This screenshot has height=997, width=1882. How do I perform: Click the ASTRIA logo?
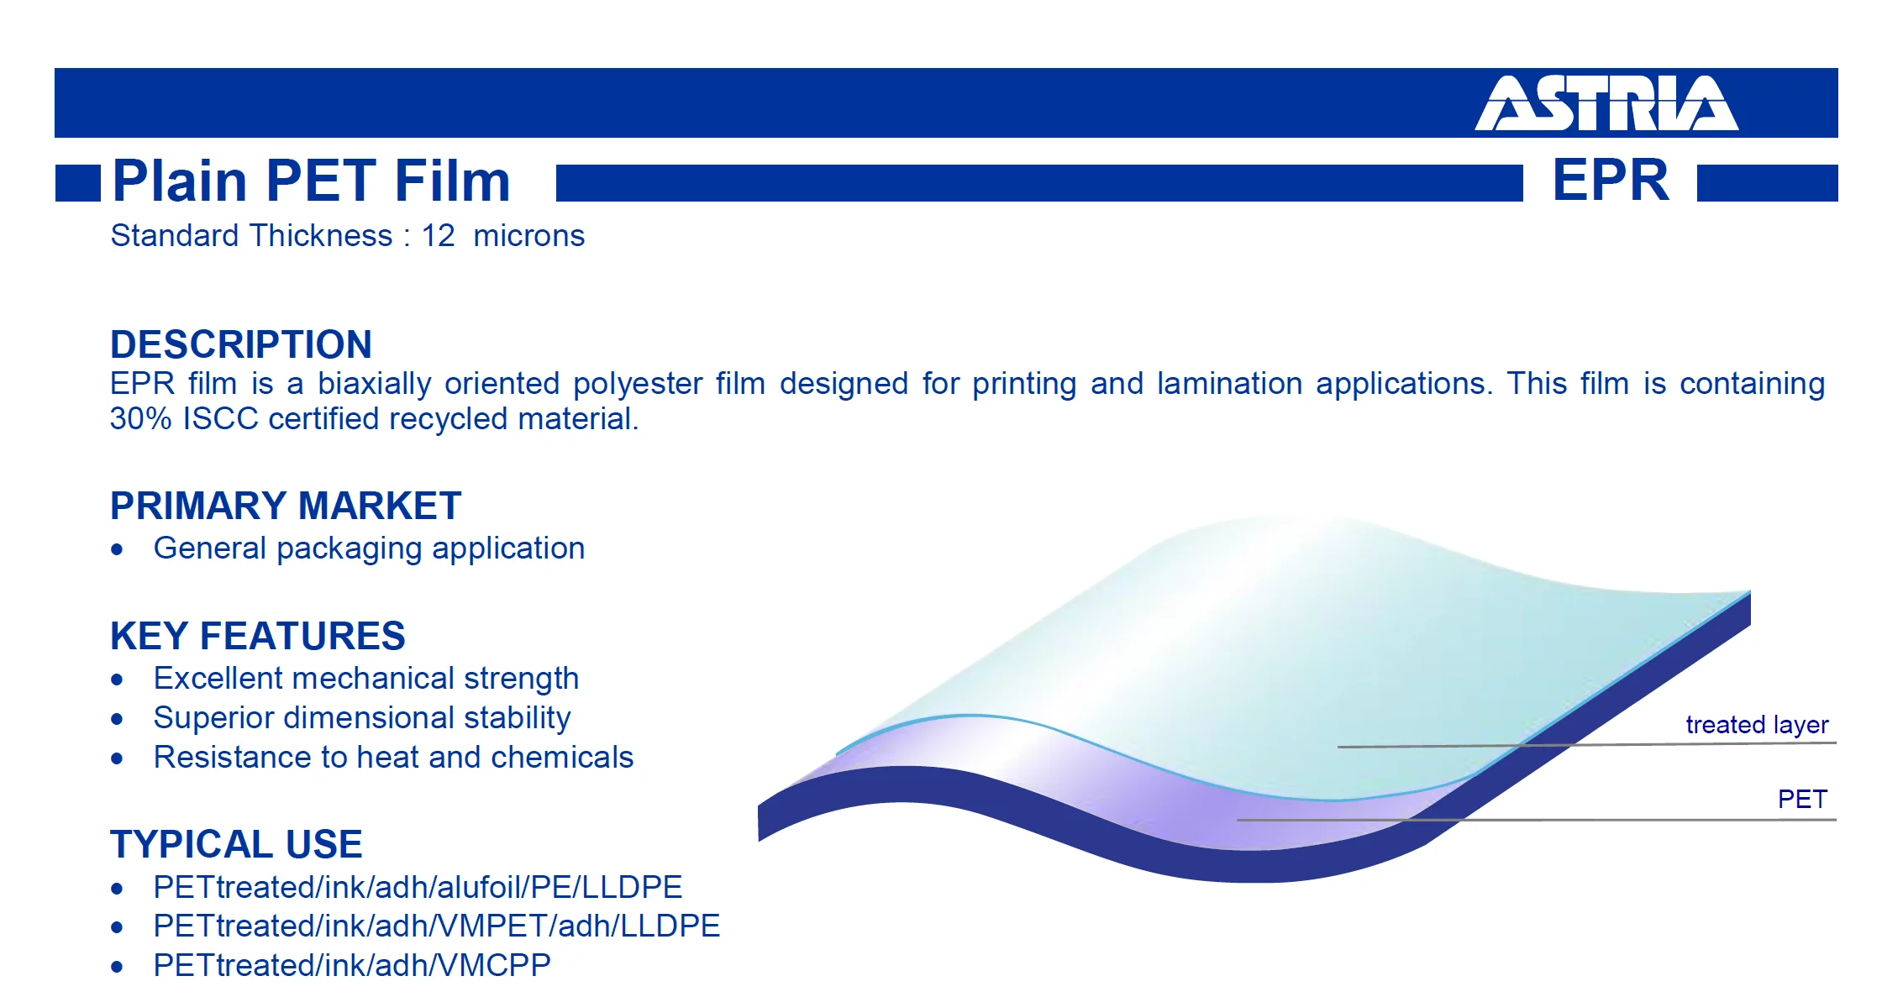coord(1606,103)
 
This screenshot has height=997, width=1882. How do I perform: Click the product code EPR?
coord(1611,180)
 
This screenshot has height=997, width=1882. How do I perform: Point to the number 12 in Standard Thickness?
coord(438,236)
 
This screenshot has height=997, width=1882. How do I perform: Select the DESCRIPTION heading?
coord(241,344)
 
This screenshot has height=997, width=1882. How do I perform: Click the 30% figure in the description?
coord(140,418)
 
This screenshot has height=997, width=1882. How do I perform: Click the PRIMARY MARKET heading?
coord(286,506)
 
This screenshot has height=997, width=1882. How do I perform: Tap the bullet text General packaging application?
coord(369,548)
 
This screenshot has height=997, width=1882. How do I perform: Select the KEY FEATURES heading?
coord(258,636)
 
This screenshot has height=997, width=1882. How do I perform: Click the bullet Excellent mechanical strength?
coord(366,679)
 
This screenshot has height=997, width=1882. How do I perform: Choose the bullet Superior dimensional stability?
coord(362,718)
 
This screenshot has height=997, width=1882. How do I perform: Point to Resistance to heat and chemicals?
coord(393,758)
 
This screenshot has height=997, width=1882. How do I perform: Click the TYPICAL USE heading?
coord(236,844)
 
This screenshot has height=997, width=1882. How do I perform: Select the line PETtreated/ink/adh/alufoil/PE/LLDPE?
coord(418,888)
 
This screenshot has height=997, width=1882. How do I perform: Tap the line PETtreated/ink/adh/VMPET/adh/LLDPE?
coord(437,926)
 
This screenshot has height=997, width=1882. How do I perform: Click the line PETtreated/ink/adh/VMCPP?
coord(352,966)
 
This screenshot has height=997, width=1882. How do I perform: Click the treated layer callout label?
coord(1757,725)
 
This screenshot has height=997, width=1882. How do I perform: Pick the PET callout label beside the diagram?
coord(1802,799)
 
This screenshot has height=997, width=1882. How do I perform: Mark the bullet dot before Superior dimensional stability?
coord(117,719)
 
